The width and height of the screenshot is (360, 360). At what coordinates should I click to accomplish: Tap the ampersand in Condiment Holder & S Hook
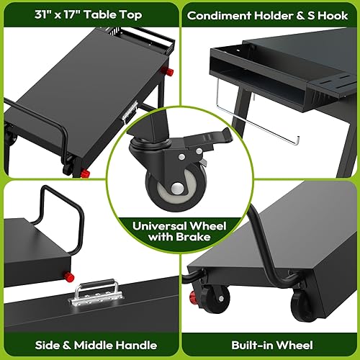click(301, 14)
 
